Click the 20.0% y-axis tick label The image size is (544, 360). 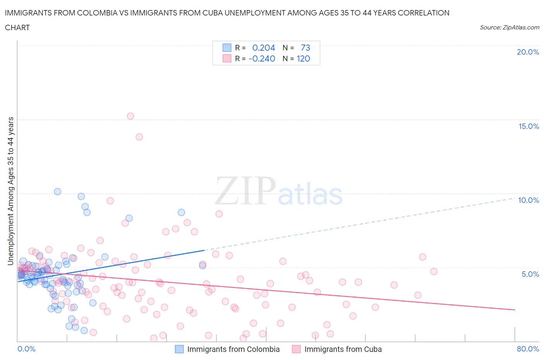click(528, 52)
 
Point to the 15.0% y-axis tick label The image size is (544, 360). click(529, 126)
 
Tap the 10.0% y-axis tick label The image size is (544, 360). click(529, 200)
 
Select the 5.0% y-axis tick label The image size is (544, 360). click(530, 274)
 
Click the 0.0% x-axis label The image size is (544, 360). click(26, 349)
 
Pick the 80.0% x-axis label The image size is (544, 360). click(528, 349)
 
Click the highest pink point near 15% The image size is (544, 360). click(130, 116)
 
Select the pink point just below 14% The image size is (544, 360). click(139, 137)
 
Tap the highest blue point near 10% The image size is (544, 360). click(57, 191)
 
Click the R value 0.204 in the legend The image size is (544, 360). click(263, 48)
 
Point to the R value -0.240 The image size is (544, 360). click(262, 58)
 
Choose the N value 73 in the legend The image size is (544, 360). click(305, 48)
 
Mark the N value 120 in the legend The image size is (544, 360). click(303, 58)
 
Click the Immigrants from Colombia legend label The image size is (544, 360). click(233, 349)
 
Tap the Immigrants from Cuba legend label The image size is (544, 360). click(343, 349)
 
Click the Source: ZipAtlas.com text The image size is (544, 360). click(509, 27)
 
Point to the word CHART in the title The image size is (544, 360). click(17, 27)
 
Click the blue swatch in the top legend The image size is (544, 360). click(227, 48)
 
